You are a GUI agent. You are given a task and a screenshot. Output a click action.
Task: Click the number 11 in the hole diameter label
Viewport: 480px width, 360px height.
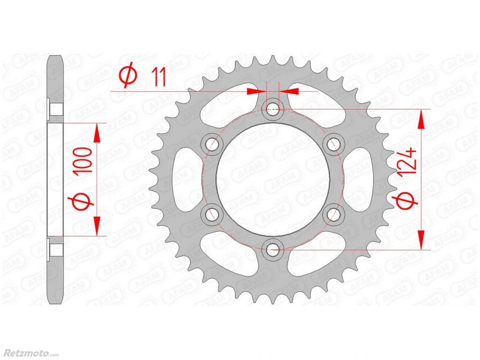[158, 77]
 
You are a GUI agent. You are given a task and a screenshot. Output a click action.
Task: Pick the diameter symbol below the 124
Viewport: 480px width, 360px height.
[406, 201]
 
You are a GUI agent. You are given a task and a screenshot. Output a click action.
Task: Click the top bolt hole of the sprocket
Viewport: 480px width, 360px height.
[273, 108]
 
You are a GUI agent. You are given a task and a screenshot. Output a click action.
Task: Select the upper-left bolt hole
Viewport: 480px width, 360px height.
[212, 144]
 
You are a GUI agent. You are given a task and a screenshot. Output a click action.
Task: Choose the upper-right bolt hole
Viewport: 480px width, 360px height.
[334, 144]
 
